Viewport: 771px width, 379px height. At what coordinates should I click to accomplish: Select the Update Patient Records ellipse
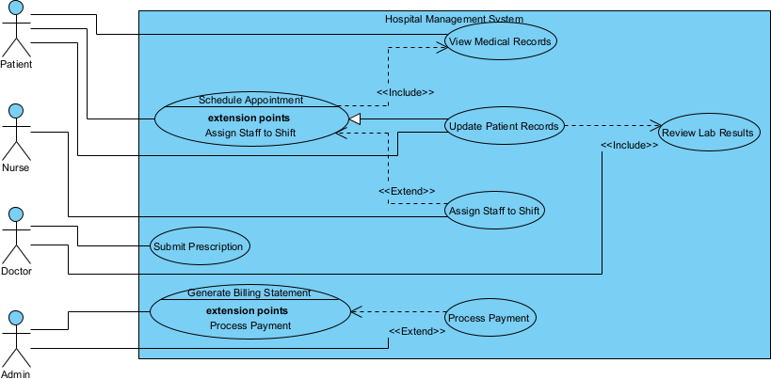505,126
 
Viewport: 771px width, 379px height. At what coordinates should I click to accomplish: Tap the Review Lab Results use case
708,133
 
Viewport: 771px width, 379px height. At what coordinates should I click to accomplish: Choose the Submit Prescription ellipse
200,246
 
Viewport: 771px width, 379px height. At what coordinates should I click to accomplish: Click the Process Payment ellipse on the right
489,318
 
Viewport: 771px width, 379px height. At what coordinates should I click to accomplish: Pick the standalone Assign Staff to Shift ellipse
495,211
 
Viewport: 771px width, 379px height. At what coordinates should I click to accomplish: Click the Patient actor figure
16,28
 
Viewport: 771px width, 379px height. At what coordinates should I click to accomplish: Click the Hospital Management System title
454,20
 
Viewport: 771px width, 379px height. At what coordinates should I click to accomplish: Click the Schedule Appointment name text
250,100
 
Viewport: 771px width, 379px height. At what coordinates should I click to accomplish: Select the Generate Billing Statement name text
249,292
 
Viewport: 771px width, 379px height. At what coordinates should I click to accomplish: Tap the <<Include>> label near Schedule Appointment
405,92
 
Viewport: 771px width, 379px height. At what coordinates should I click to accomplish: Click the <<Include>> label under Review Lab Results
629,145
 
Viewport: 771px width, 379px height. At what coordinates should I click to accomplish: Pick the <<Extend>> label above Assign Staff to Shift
407,190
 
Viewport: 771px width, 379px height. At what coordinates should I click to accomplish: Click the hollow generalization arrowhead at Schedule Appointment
356,118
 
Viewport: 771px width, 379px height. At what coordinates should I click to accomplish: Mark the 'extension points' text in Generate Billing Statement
247,310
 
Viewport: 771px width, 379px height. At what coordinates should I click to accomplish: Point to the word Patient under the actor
16,65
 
